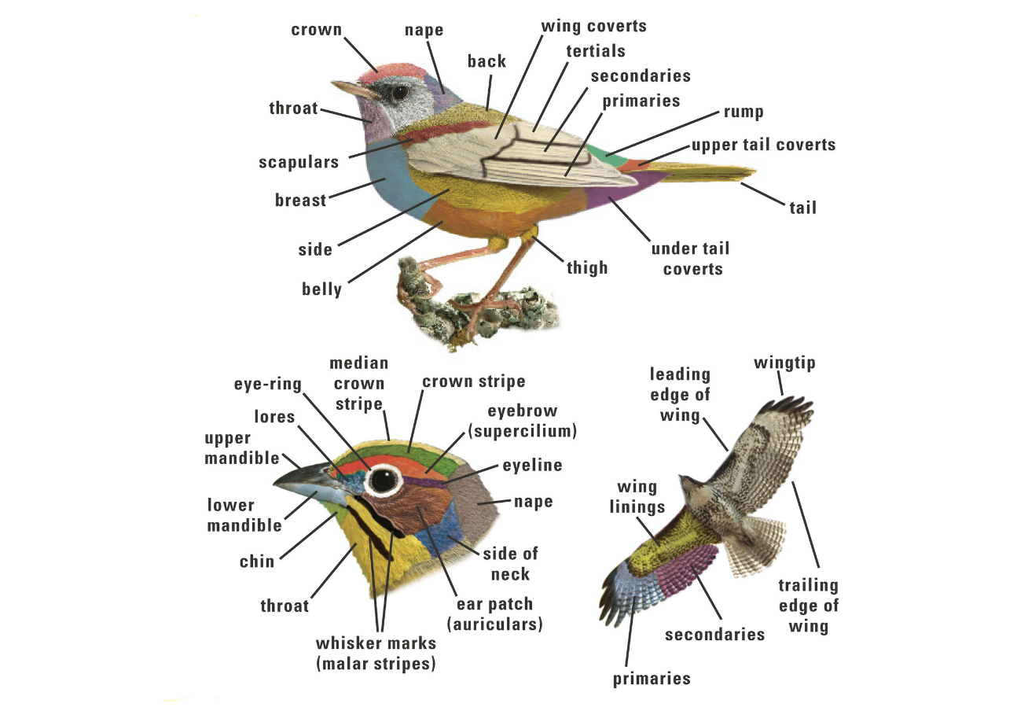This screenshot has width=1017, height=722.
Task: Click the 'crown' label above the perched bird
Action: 316,30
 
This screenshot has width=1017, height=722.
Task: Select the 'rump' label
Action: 743,112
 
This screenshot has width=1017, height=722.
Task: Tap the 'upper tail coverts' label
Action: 763,145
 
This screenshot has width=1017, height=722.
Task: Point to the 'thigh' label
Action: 587,267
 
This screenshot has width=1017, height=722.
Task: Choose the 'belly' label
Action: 322,289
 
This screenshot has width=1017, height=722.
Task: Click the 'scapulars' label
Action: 299,163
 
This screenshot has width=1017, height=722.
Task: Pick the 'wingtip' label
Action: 784,363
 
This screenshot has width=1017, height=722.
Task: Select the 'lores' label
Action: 274,416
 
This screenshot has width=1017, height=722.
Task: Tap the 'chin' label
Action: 257,562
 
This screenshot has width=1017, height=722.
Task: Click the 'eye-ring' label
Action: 267,385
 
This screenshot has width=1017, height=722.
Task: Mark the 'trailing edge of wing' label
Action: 808,606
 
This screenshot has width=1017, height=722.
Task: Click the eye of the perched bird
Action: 399,93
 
